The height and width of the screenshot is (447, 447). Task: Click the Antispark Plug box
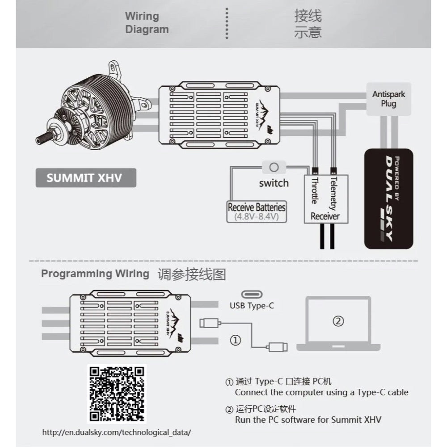pos(388,99)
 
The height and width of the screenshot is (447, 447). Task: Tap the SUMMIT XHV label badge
pos(85,177)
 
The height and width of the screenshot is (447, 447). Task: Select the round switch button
pos(274,168)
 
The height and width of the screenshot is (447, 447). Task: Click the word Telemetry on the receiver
pos(333,193)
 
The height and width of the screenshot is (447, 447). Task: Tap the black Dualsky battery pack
pos(388,199)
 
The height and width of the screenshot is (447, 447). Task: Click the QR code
pos(117,393)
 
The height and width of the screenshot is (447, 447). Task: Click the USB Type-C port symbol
pos(252,295)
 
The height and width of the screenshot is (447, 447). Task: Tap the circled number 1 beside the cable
pos(236,340)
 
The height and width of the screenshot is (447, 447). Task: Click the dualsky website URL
pos(117,432)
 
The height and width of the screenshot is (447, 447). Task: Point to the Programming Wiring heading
pos(95,274)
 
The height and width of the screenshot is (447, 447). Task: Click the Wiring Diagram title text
pos(147,23)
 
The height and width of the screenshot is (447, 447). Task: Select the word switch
pos(274,183)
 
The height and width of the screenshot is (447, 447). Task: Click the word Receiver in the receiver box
pos(325,216)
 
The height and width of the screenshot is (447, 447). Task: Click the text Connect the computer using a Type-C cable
pos(321,392)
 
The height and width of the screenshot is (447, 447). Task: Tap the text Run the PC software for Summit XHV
pos(308,420)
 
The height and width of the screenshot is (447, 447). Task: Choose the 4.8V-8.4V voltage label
pos(256,217)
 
